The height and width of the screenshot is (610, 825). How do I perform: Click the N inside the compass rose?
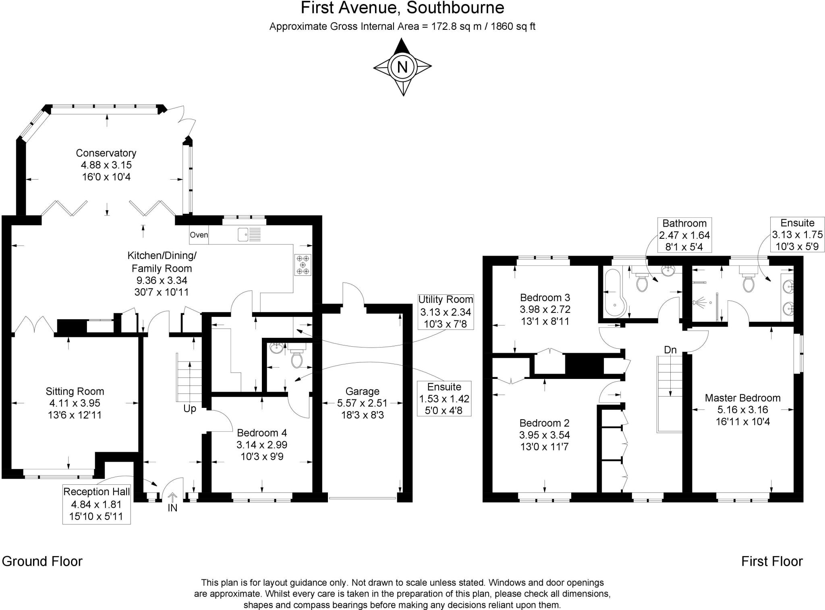(x=402, y=66)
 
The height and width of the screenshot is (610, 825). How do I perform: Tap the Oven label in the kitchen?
(x=199, y=235)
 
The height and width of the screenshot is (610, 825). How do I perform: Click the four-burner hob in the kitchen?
(x=303, y=265)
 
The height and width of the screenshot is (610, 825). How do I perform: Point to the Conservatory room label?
(x=106, y=153)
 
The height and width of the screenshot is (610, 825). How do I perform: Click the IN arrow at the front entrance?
(x=172, y=499)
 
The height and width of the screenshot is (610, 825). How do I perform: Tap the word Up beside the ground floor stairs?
(x=190, y=409)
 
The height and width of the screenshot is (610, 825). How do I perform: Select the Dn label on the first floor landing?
(x=670, y=350)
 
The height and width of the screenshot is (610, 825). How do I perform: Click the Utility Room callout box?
(x=446, y=312)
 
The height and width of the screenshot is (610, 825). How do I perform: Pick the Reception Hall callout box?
(x=97, y=504)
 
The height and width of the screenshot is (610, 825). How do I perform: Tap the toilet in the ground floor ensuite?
(x=297, y=358)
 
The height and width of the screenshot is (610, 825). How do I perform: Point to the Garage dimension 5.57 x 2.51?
(x=362, y=403)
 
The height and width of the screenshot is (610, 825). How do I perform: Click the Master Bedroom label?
(x=742, y=398)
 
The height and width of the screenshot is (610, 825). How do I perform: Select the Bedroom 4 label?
(x=262, y=433)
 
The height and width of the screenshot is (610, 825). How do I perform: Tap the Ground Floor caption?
(x=42, y=561)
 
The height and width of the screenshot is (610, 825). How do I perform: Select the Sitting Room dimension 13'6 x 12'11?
(x=75, y=415)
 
